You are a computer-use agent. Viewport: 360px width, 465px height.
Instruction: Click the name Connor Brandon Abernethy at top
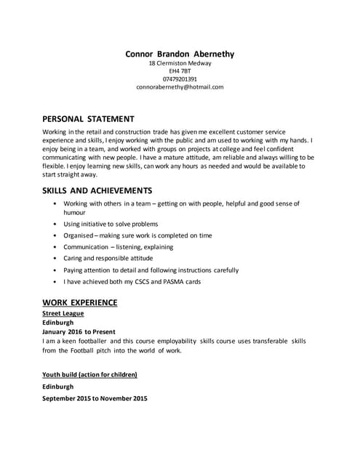(x=180, y=54)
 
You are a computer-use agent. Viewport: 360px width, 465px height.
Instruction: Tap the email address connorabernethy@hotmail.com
(x=180, y=86)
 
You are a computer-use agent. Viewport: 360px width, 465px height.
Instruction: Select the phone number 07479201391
(x=180, y=78)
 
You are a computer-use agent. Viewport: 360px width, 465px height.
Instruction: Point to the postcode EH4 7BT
(x=180, y=70)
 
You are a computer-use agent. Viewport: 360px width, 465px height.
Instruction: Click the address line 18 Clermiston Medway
(x=180, y=63)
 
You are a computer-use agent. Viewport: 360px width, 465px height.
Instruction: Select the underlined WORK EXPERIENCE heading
(x=80, y=302)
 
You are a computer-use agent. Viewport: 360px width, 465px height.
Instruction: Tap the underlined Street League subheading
(x=63, y=313)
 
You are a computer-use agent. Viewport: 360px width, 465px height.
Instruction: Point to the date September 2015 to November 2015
(x=95, y=398)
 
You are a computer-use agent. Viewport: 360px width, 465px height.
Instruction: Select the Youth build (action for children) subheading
(x=89, y=374)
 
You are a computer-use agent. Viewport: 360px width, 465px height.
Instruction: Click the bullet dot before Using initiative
(x=55, y=225)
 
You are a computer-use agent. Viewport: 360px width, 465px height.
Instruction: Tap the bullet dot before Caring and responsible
(x=55, y=258)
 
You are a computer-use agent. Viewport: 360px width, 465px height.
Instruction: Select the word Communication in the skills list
(x=87, y=247)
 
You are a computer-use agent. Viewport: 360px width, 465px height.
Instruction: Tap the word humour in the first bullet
(x=75, y=213)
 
